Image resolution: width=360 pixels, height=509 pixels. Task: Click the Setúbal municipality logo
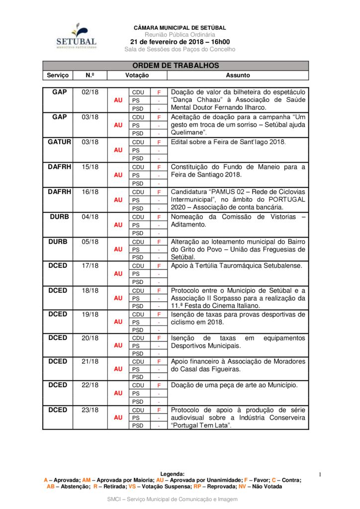[76, 36]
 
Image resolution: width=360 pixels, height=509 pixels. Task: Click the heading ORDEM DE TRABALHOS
[176, 66]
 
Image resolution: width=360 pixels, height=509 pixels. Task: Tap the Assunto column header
[238, 76]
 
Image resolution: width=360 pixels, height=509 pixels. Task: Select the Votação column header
[137, 76]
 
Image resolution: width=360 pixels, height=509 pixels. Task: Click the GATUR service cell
[60, 142]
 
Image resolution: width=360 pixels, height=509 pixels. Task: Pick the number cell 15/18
[90, 167]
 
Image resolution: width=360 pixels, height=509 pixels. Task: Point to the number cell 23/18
[90, 410]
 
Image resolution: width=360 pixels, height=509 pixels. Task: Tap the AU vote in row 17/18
[118, 273]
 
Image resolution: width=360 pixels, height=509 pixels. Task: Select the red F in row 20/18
[159, 338]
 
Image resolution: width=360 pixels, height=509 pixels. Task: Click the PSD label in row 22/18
[138, 401]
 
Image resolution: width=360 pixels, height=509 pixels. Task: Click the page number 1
[320, 475]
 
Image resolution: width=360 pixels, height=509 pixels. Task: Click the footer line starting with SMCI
[173, 499]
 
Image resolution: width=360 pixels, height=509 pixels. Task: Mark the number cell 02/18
[90, 92]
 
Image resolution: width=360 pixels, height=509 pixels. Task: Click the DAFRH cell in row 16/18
[60, 192]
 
